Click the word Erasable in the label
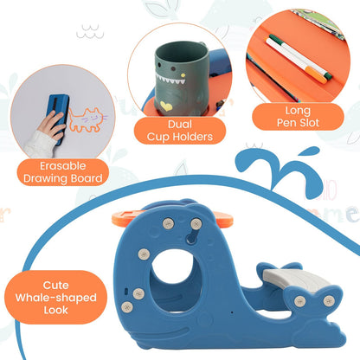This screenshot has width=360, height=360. (63, 166)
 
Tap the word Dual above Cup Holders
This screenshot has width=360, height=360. (180, 125)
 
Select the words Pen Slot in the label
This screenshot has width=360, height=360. (298, 123)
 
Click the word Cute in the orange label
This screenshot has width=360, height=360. (56, 286)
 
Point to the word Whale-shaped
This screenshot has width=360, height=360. (56, 298)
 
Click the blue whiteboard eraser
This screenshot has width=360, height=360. (58, 117)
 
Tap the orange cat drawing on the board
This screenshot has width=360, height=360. (87, 119)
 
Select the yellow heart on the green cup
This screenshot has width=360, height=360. (166, 106)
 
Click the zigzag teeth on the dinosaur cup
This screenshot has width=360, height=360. (170, 79)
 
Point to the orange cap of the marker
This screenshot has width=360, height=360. (316, 74)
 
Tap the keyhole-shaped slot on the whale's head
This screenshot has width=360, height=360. (192, 236)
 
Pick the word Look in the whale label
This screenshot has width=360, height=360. (56, 311)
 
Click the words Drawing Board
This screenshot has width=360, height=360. (63, 178)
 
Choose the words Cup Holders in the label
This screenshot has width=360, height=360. (180, 137)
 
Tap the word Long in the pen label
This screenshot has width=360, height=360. (298, 111)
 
